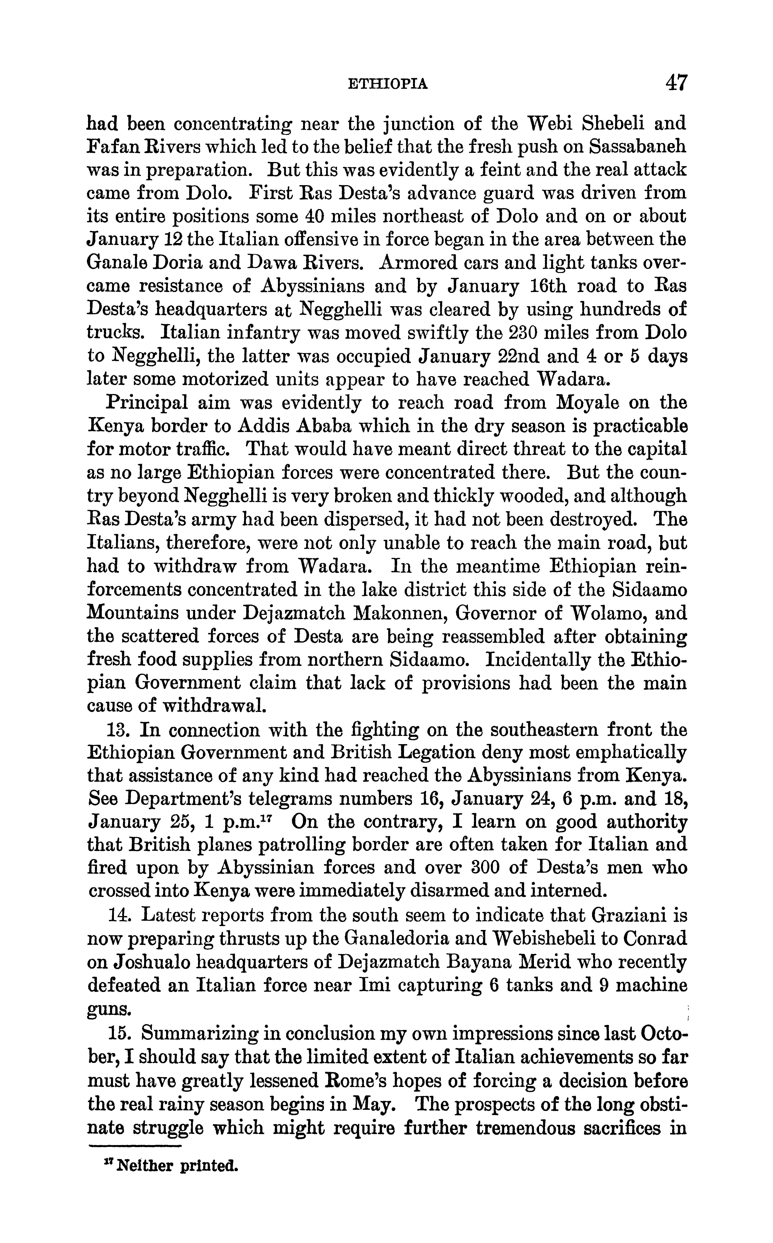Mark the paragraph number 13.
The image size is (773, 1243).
[x=117, y=730]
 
